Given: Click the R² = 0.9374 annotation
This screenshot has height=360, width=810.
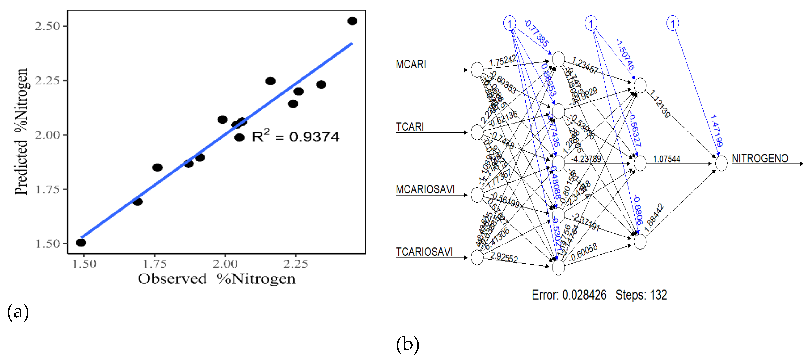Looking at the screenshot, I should pos(295,136).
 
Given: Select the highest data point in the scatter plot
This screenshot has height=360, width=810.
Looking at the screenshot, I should pos(352,21).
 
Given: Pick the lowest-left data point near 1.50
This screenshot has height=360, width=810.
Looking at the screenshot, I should pos(81,243).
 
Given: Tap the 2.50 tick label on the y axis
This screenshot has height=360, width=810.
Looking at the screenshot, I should pos(47,26).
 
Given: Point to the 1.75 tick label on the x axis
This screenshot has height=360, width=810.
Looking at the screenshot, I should pos(155,264).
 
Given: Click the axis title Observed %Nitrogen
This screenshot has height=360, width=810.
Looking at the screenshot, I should pos(217,279).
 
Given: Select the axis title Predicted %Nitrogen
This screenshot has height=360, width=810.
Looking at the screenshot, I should pos(21,131).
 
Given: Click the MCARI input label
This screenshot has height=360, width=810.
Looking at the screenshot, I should pos(411,64).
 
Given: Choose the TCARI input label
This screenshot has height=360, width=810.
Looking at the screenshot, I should pos(410,127).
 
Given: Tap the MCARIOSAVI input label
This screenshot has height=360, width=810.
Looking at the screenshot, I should pos(425,189).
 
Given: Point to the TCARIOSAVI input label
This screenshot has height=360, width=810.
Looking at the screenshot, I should pos(424,252).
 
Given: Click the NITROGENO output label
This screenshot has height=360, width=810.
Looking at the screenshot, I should pos(760,158).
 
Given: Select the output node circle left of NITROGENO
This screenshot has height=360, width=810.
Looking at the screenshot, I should pos(721,164).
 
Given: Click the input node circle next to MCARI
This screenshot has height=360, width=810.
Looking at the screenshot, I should pos(477,70).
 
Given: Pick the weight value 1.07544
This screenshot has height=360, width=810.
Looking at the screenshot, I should pos(666,159).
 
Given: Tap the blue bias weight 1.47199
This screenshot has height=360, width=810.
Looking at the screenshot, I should pos(716,131).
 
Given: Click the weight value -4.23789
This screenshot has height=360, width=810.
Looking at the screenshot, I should pos(586,159).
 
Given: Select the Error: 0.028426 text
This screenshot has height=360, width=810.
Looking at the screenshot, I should pos(569,295).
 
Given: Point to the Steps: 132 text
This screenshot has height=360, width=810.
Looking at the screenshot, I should pos(641,295).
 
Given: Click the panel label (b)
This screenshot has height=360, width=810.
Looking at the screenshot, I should pos(407,344).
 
